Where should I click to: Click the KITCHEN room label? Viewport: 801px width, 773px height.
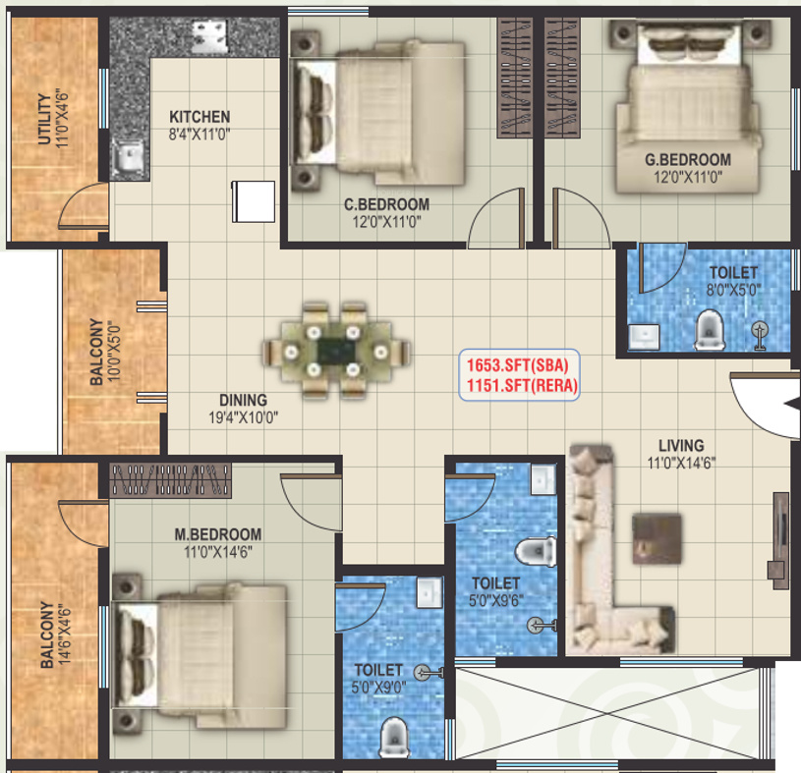(x=200, y=116)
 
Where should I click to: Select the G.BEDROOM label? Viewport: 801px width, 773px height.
(x=687, y=160)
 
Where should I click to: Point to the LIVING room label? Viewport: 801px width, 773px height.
(x=681, y=445)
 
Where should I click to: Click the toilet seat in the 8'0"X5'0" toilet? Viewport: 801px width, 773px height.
(x=708, y=330)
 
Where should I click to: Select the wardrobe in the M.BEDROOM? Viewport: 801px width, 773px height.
(x=172, y=480)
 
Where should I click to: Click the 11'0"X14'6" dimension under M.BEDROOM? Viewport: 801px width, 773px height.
(x=217, y=552)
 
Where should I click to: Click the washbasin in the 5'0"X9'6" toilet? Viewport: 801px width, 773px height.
(x=542, y=480)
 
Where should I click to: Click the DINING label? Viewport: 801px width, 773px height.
(x=243, y=400)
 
